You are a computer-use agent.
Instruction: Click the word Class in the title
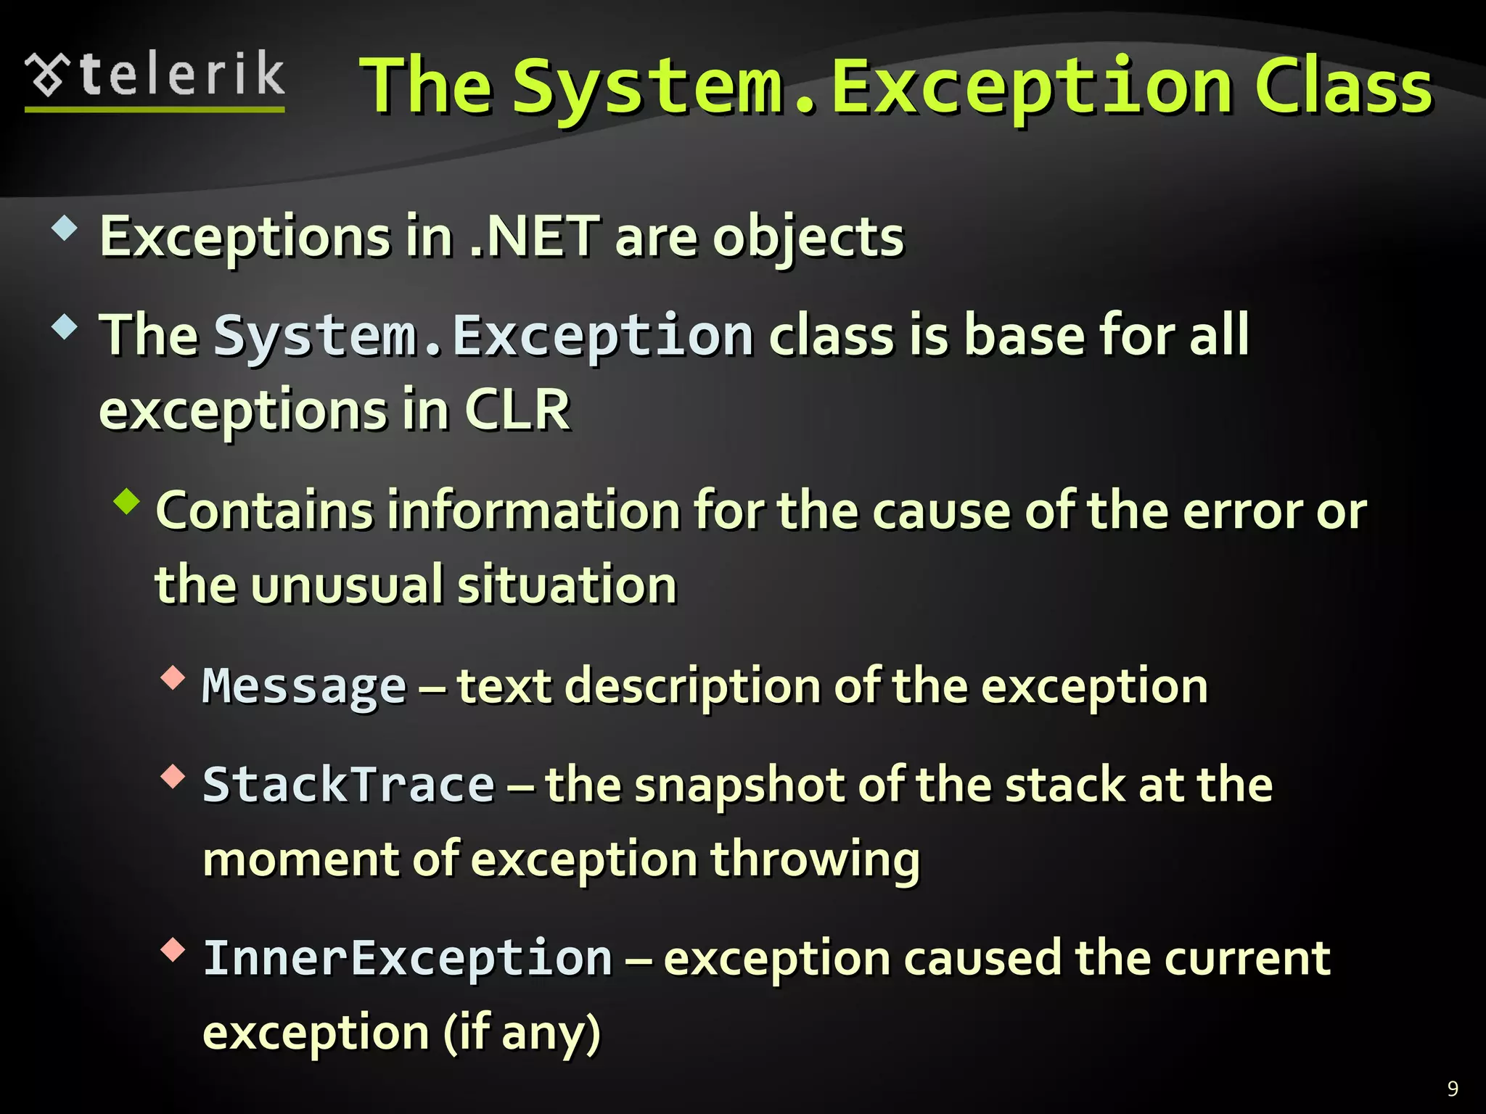coord(1343,88)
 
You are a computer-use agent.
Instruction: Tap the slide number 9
coord(1453,1088)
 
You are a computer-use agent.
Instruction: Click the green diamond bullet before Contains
coord(128,502)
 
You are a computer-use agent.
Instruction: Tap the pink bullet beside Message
coord(173,678)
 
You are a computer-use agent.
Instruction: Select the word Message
coord(304,687)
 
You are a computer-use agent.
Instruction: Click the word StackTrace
coord(349,785)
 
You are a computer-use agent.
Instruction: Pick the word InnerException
coord(408,958)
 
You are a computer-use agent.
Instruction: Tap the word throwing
coord(815,860)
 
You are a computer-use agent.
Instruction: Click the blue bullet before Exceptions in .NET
coord(65,229)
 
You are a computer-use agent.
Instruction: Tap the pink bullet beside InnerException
coord(173,949)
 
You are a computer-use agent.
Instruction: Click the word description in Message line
coord(693,687)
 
